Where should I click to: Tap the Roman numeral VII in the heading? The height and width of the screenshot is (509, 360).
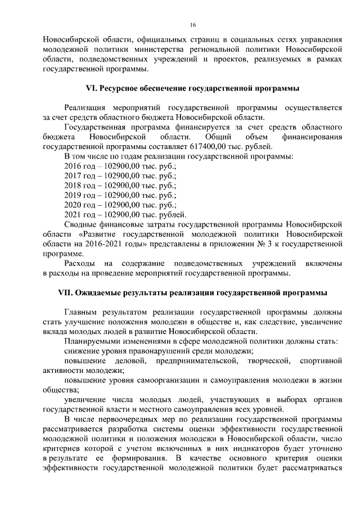pos(67,292)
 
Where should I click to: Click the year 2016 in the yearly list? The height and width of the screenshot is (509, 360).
pos(74,165)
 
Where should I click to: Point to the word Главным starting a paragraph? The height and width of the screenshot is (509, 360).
pos(82,312)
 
